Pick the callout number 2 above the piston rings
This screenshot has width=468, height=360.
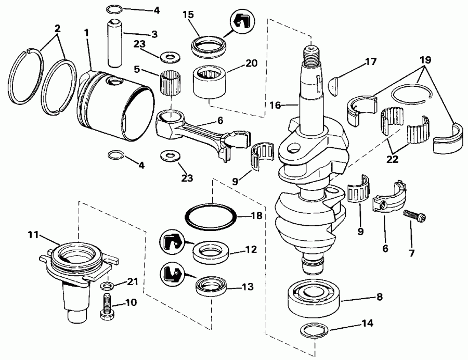click(x=57, y=29)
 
